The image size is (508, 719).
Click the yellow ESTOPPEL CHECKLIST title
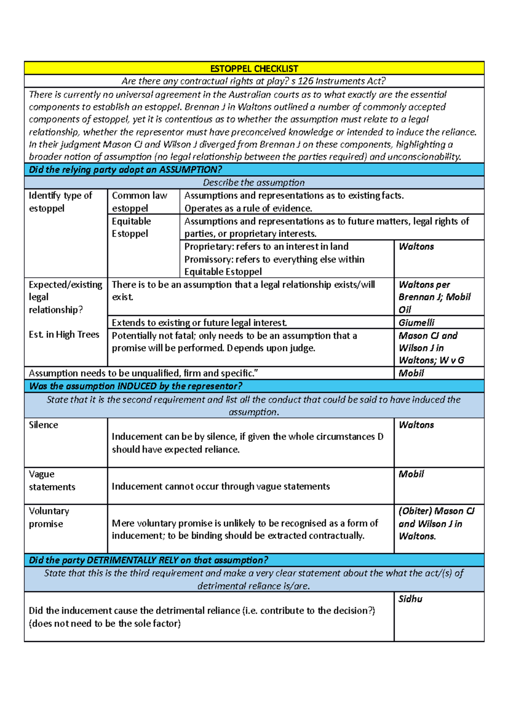click(254, 69)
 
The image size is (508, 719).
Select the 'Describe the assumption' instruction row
click(254, 183)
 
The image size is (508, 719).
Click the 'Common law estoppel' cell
click(139, 202)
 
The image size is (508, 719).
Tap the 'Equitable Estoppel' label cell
click(131, 227)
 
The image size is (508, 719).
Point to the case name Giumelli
click(416, 323)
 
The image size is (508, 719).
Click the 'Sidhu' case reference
click(410, 599)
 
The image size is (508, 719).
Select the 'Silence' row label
click(43, 425)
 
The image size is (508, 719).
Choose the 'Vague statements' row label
click(52, 481)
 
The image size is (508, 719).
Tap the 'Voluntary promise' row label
click(49, 517)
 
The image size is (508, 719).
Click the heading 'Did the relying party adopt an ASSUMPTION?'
click(125, 170)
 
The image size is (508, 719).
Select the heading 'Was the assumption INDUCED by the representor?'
click(135, 386)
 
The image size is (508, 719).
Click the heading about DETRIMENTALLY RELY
click(148, 560)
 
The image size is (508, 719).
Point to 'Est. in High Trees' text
click(64, 335)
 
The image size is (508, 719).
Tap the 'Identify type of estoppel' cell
click(60, 202)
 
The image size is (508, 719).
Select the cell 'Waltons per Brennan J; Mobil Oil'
click(434, 297)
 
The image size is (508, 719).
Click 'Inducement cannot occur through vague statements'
click(221, 487)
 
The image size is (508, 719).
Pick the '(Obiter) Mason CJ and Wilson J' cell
click(436, 523)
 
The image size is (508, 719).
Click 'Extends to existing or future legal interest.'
click(199, 323)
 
